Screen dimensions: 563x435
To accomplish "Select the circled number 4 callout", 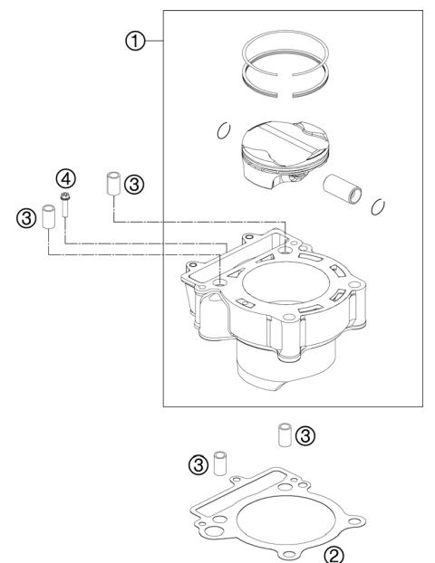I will [x=64, y=176].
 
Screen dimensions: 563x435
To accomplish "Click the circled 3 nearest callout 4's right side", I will [x=133, y=184].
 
